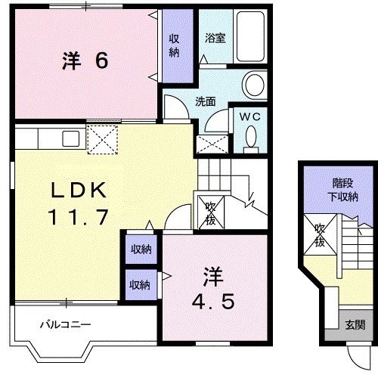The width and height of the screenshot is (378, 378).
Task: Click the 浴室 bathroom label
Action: click(213, 36)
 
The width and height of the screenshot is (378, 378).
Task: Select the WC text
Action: click(250, 116)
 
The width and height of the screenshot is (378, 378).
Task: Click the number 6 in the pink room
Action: click(101, 61)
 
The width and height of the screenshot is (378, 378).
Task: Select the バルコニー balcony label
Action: click(66, 325)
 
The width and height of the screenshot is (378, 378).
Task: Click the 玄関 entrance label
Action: click(355, 325)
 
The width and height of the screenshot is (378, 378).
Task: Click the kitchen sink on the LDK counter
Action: click(70, 139)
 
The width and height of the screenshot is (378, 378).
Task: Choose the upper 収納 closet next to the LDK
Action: click(140, 249)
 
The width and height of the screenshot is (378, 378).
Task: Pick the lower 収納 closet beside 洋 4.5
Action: click(139, 284)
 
